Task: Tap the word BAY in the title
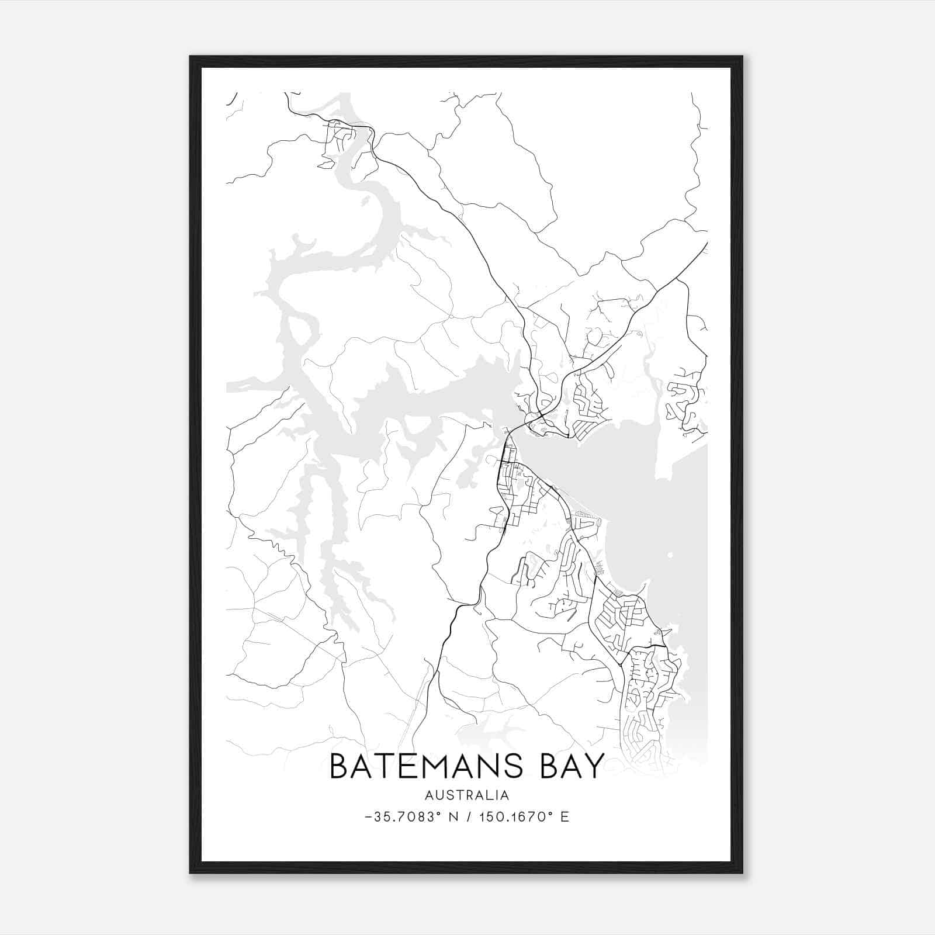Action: point(572,766)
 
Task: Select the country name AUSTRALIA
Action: point(467,795)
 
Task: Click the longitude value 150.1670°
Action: point(516,817)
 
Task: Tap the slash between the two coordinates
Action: point(467,817)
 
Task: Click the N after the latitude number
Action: point(452,817)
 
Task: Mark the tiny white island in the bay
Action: point(670,555)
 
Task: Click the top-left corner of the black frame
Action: point(191,57)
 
